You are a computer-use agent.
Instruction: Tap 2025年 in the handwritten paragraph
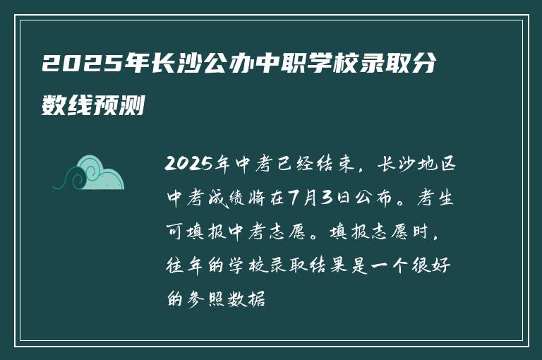(191, 166)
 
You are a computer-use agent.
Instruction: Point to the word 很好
(443, 268)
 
